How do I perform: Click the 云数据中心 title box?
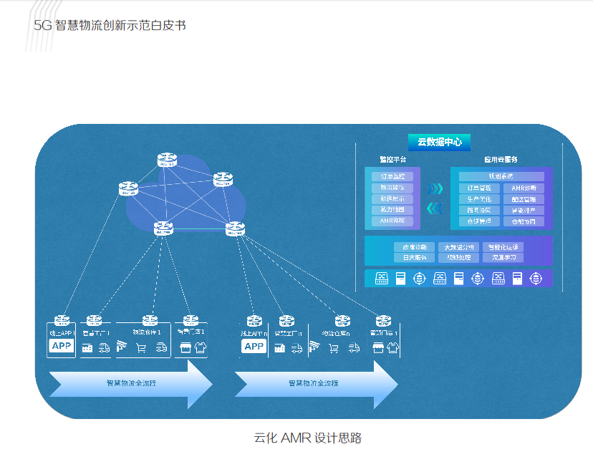point(439,142)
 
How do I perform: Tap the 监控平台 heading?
point(392,160)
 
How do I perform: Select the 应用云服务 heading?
point(501,160)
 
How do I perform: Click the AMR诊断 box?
point(524,188)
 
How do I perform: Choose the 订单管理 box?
point(479,188)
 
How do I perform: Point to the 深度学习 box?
point(502,258)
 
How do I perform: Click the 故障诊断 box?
point(414,247)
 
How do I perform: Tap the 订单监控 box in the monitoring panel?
point(392,176)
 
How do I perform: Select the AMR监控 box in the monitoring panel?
point(392,221)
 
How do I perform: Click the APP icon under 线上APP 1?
point(62,347)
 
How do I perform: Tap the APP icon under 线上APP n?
point(254,347)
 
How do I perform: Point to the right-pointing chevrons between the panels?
point(435,188)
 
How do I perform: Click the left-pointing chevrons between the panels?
point(435,208)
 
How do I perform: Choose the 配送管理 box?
point(524,199)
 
